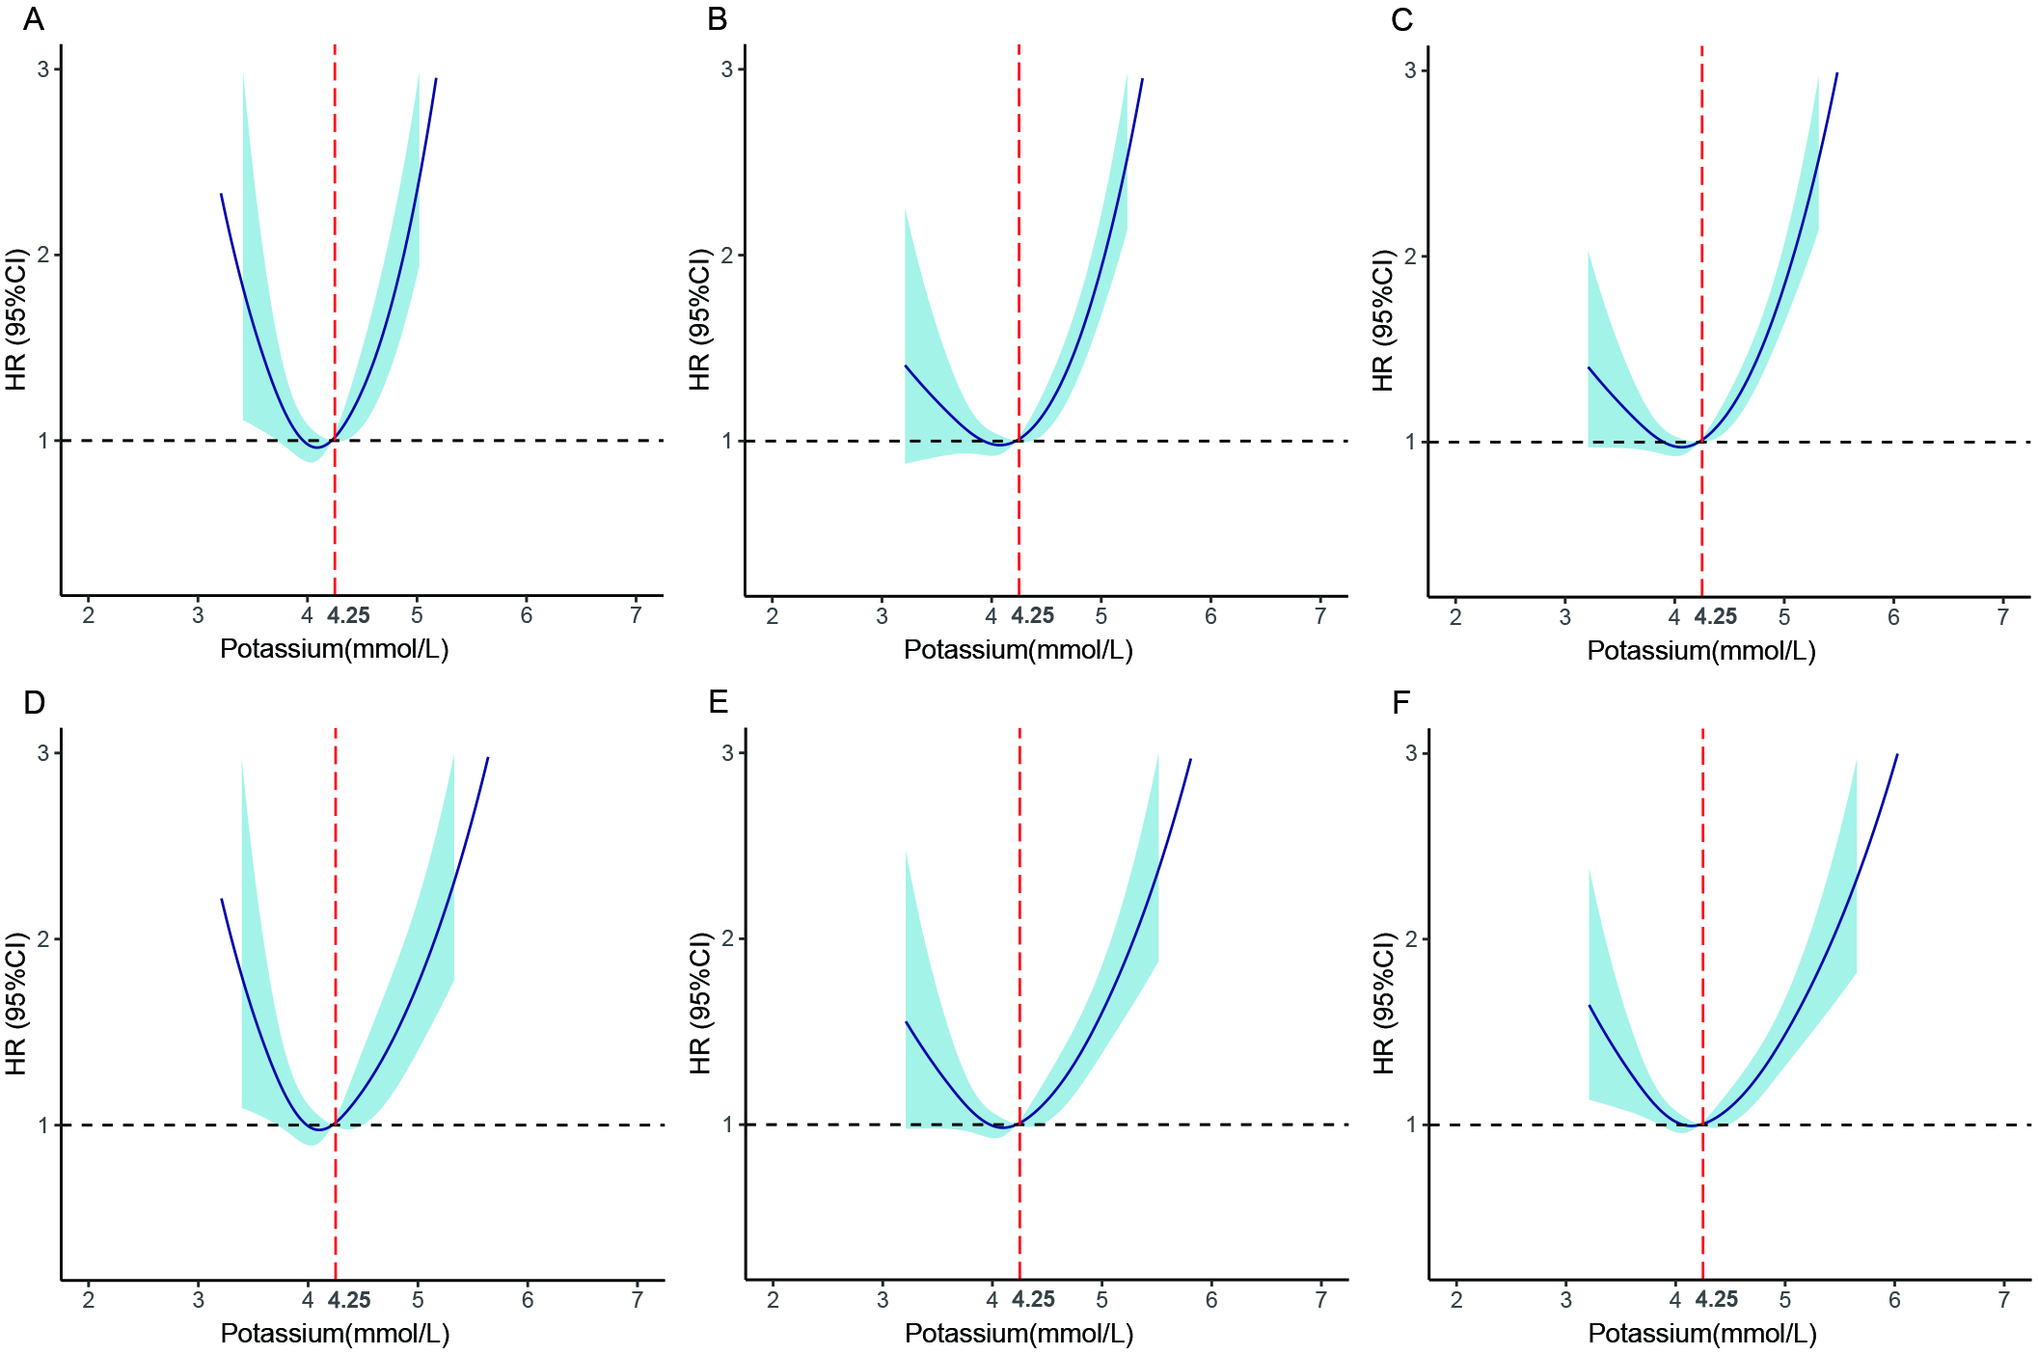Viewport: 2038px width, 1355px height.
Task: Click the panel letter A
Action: pos(34,19)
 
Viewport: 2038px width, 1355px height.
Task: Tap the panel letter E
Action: pos(718,702)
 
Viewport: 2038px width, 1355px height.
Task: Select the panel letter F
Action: pos(1401,702)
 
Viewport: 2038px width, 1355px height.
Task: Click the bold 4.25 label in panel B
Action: pos(1033,616)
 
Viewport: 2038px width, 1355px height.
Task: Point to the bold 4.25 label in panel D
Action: pos(349,1300)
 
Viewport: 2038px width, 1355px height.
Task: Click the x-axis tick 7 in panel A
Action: pos(637,615)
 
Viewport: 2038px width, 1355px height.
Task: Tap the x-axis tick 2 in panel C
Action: pos(1455,617)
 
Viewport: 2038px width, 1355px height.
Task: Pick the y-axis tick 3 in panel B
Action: pos(727,69)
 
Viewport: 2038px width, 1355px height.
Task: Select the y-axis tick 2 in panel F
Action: pos(1411,938)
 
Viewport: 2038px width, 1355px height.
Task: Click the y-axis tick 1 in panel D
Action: pos(43,1125)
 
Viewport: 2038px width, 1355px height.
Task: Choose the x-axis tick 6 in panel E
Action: pos(1211,1300)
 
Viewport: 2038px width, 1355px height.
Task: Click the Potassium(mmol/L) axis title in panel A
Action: pos(335,649)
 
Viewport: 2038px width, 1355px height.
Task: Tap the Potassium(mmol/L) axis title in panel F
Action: pos(1702,1334)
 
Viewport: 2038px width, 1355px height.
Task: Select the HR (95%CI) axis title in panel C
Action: pos(1383,320)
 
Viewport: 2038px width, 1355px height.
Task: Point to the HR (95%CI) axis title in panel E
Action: pos(700,1003)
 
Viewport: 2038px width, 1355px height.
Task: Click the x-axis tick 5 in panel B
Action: pos(1101,616)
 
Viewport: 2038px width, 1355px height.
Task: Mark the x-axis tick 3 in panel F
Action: pos(1565,1300)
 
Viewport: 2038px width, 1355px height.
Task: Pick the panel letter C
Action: pos(1401,19)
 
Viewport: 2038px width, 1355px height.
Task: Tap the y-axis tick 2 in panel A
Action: pos(43,256)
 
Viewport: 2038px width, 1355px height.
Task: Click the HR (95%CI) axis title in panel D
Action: pos(16,1003)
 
